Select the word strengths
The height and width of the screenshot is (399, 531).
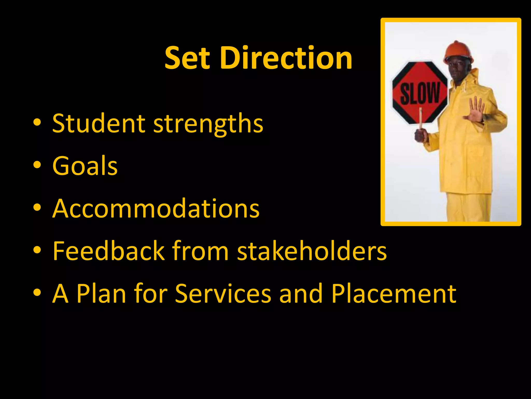pos(208,124)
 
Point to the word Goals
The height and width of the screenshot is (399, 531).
pos(85,166)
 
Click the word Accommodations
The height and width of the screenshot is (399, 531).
pos(156,208)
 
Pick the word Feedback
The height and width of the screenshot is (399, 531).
pos(109,251)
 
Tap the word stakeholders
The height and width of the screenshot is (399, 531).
pos(312,251)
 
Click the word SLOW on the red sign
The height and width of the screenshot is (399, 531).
pos(420,93)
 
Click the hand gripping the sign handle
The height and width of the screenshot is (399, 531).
pos(421,135)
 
